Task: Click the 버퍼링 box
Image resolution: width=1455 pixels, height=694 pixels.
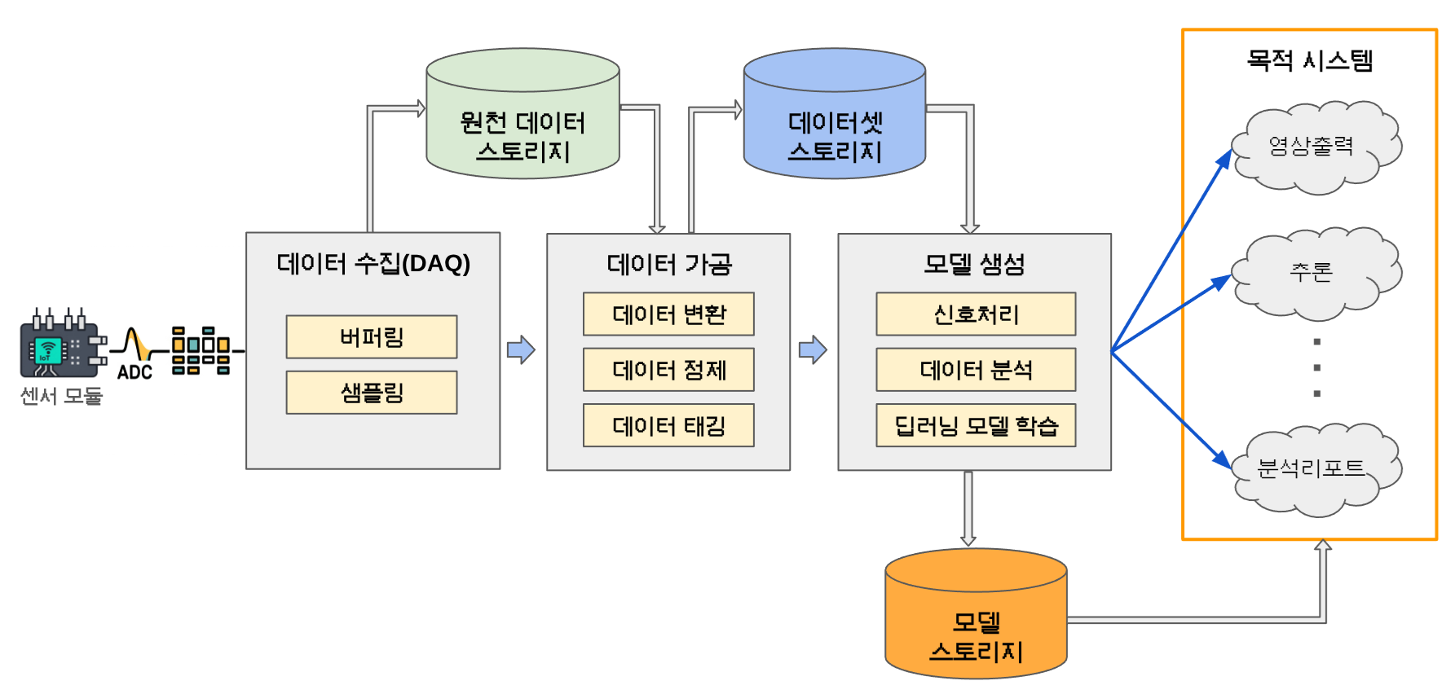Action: tap(372, 337)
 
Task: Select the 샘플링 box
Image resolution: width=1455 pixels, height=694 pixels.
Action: tap(372, 393)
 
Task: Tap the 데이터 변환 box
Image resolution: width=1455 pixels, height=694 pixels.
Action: tap(668, 314)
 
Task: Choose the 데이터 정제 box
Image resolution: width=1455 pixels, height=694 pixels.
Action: tap(668, 370)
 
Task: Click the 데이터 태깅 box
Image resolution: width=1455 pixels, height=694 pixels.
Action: tap(668, 425)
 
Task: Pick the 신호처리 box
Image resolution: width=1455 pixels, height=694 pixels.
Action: tap(976, 314)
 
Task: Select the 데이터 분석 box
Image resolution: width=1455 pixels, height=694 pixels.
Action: tap(976, 370)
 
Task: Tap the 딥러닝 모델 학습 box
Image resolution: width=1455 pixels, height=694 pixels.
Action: tap(976, 425)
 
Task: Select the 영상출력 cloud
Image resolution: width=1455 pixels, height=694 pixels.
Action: tap(1311, 147)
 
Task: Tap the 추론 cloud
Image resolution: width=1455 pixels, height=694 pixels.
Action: tap(1311, 272)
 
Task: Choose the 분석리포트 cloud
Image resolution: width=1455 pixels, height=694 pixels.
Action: tap(1311, 468)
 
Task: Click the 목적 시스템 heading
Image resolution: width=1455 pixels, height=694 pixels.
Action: tap(1309, 60)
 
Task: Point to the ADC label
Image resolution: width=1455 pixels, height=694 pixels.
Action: tap(134, 372)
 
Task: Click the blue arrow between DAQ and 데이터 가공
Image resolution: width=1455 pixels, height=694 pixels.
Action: tap(521, 350)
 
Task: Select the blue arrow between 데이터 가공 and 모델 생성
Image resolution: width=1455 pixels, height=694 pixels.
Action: tap(813, 350)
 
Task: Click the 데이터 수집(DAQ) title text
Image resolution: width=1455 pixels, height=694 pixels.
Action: tap(373, 264)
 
